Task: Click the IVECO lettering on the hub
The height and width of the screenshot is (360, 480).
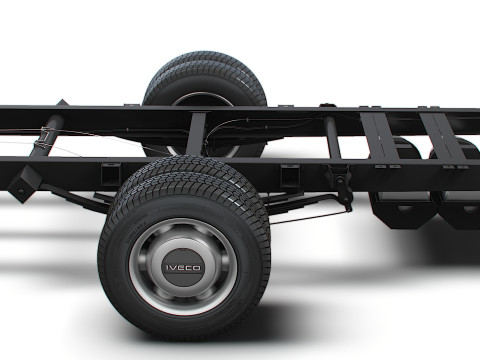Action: click(x=183, y=267)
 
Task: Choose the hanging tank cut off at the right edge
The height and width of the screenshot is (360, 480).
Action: click(x=460, y=200)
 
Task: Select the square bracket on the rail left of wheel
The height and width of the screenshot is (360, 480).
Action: click(x=110, y=172)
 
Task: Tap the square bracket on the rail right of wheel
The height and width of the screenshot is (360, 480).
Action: click(x=291, y=176)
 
